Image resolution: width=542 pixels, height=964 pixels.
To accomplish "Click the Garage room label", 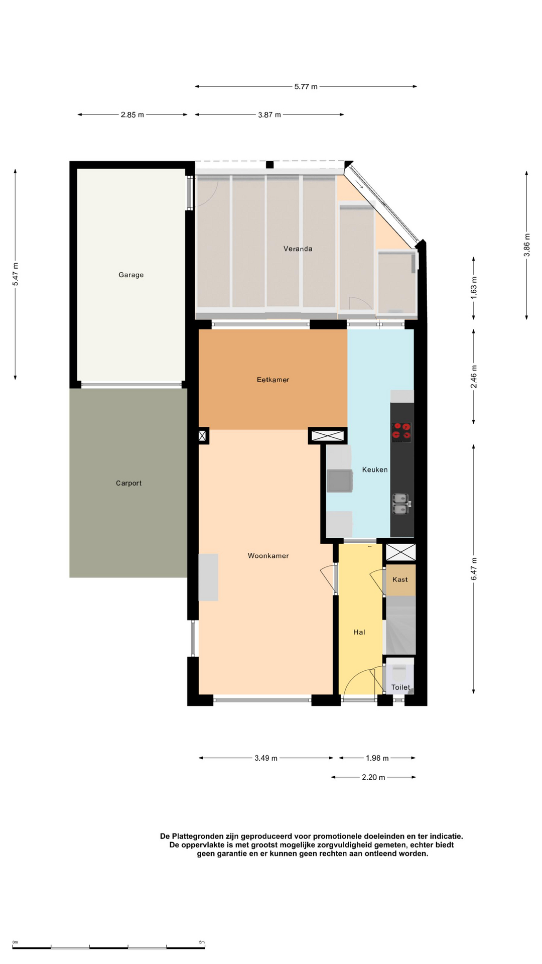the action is point(131,275).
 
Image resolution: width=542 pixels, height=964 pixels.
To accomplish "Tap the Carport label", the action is point(128,483).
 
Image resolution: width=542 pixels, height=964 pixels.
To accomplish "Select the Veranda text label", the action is point(298,249).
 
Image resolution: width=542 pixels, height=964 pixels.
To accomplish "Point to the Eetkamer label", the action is point(273,380).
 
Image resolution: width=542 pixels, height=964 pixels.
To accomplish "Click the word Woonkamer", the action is point(268,556).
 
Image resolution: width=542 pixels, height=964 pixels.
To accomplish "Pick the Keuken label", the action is point(375,469).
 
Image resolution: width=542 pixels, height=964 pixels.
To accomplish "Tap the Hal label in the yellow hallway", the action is point(359,632).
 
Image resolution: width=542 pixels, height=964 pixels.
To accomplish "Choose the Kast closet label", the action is point(400,579).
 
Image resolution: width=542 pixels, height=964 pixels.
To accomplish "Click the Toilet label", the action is point(400,687).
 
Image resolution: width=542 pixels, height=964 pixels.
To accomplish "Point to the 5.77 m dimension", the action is point(306,86).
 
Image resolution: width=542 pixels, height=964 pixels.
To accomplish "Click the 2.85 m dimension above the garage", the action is point(132,114).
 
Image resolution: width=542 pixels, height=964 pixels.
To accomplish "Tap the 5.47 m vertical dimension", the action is point(16,275).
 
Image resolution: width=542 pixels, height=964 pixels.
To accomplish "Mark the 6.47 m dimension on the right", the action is point(474,569).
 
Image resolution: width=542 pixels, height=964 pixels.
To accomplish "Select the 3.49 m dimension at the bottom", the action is point(266,758).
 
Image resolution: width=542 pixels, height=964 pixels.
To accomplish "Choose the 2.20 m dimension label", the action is point(373,778).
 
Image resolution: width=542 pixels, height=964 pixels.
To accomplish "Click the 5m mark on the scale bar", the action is point(202,942).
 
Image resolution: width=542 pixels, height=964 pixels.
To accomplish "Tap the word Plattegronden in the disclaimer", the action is point(205,836).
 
